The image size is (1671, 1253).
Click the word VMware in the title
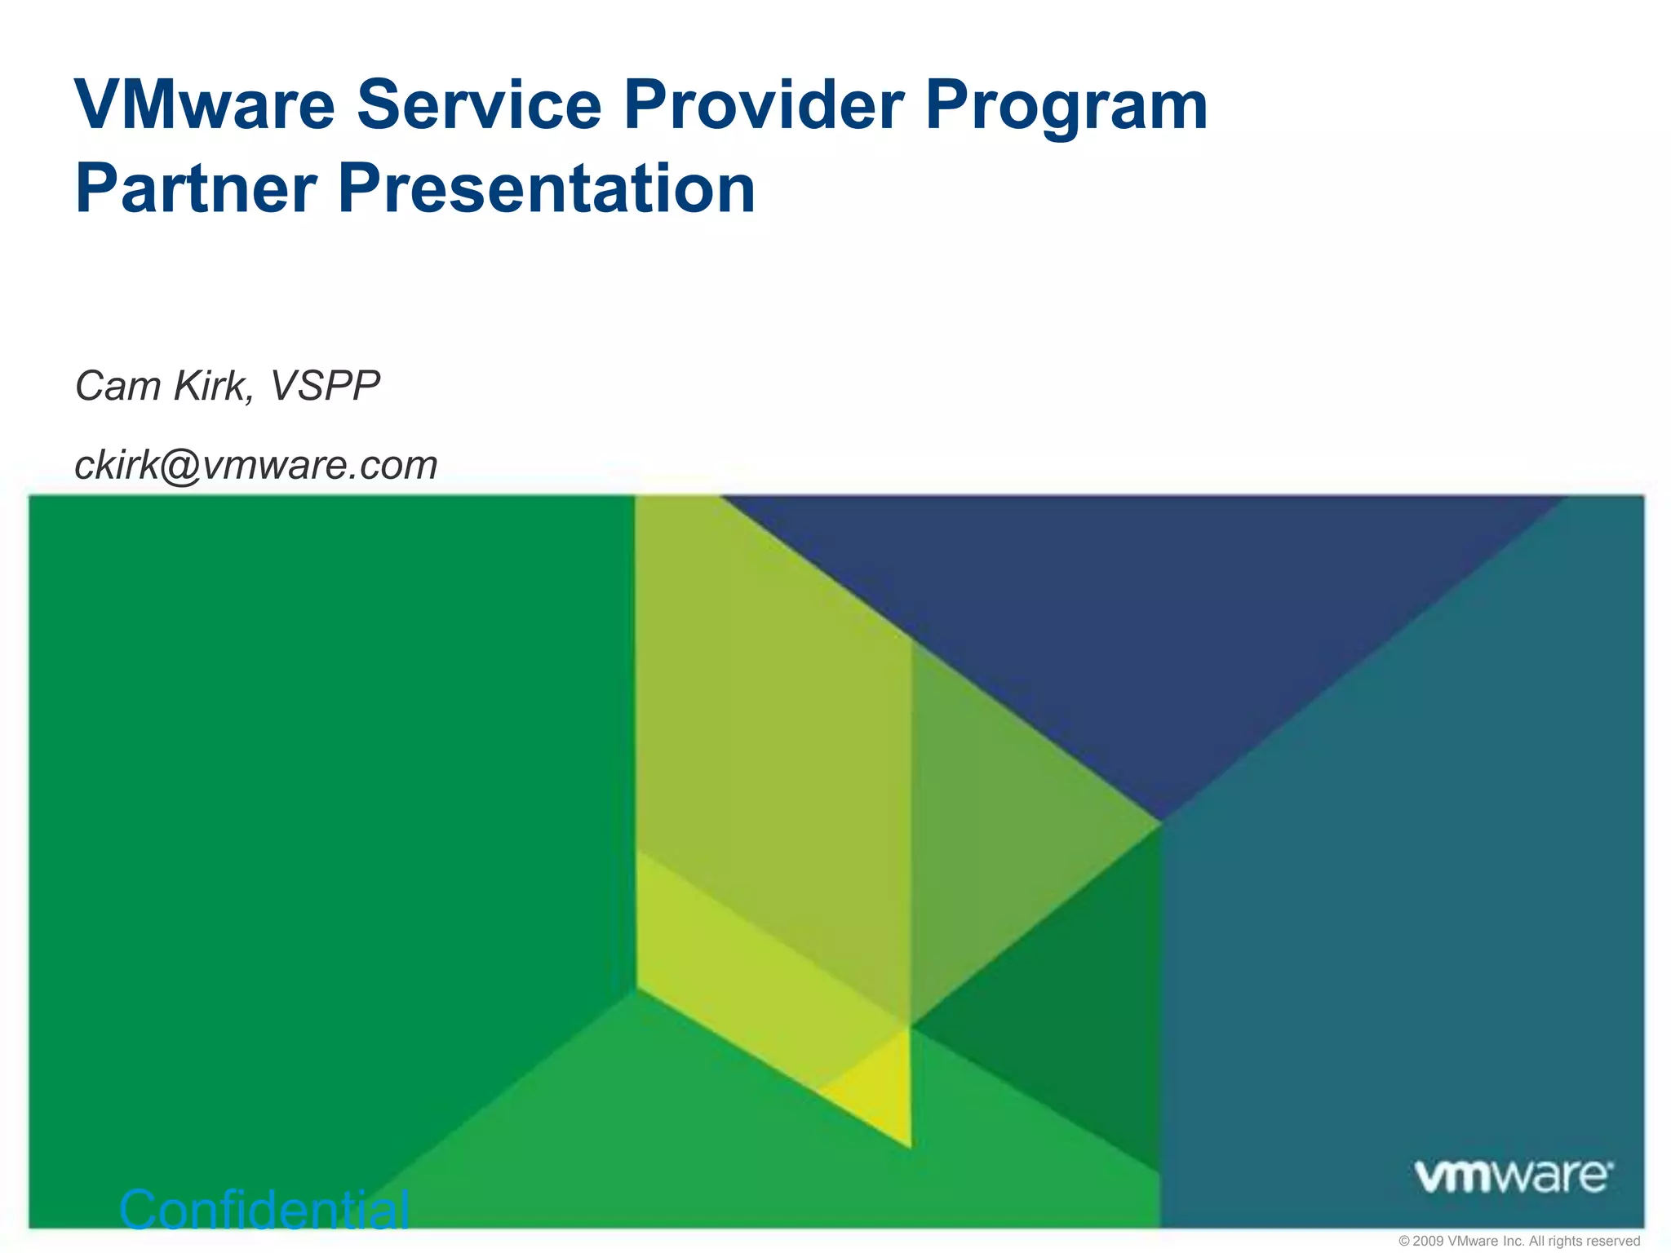click(x=205, y=105)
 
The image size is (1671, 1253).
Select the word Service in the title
click(x=478, y=105)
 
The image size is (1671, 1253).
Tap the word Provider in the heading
click(x=764, y=105)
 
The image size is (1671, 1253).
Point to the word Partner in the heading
click(x=196, y=188)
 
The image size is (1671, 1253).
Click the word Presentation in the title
click(x=547, y=188)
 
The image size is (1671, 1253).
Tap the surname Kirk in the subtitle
click(x=214, y=386)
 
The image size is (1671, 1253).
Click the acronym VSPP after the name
click(x=325, y=386)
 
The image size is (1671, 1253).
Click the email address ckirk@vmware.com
click(x=256, y=466)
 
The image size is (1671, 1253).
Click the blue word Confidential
click(x=264, y=1209)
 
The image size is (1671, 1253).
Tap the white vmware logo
click(x=1513, y=1176)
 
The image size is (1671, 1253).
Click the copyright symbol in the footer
click(x=1404, y=1241)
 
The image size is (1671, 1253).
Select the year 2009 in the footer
click(x=1428, y=1241)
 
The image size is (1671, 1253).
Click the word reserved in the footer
click(x=1613, y=1241)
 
